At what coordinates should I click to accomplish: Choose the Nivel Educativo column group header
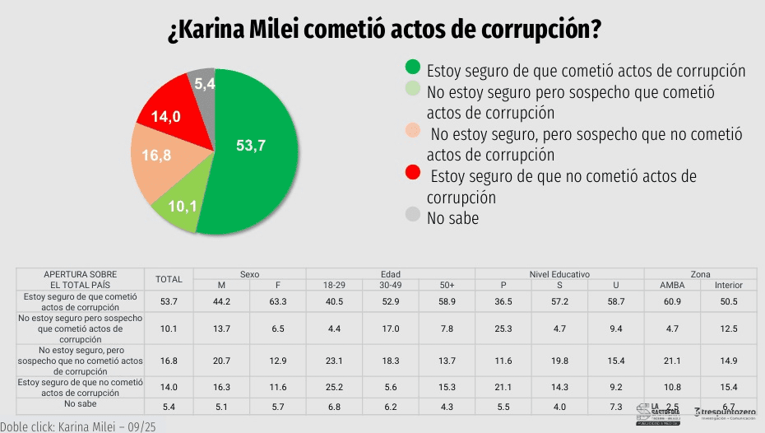pyautogui.click(x=559, y=273)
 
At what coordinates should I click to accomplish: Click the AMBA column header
pyautogui.click(x=671, y=285)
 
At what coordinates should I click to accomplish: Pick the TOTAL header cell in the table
pyautogui.click(x=169, y=279)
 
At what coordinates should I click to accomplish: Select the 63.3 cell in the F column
pyautogui.click(x=277, y=301)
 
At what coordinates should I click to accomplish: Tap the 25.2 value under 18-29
pyautogui.click(x=333, y=388)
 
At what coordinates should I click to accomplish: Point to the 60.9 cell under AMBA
pyautogui.click(x=671, y=301)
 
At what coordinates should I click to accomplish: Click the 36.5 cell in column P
pyautogui.click(x=503, y=301)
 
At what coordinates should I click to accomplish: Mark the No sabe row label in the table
pyautogui.click(x=81, y=406)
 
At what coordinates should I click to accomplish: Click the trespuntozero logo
pyautogui.click(x=728, y=412)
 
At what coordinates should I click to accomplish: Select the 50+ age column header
pyautogui.click(x=447, y=285)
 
